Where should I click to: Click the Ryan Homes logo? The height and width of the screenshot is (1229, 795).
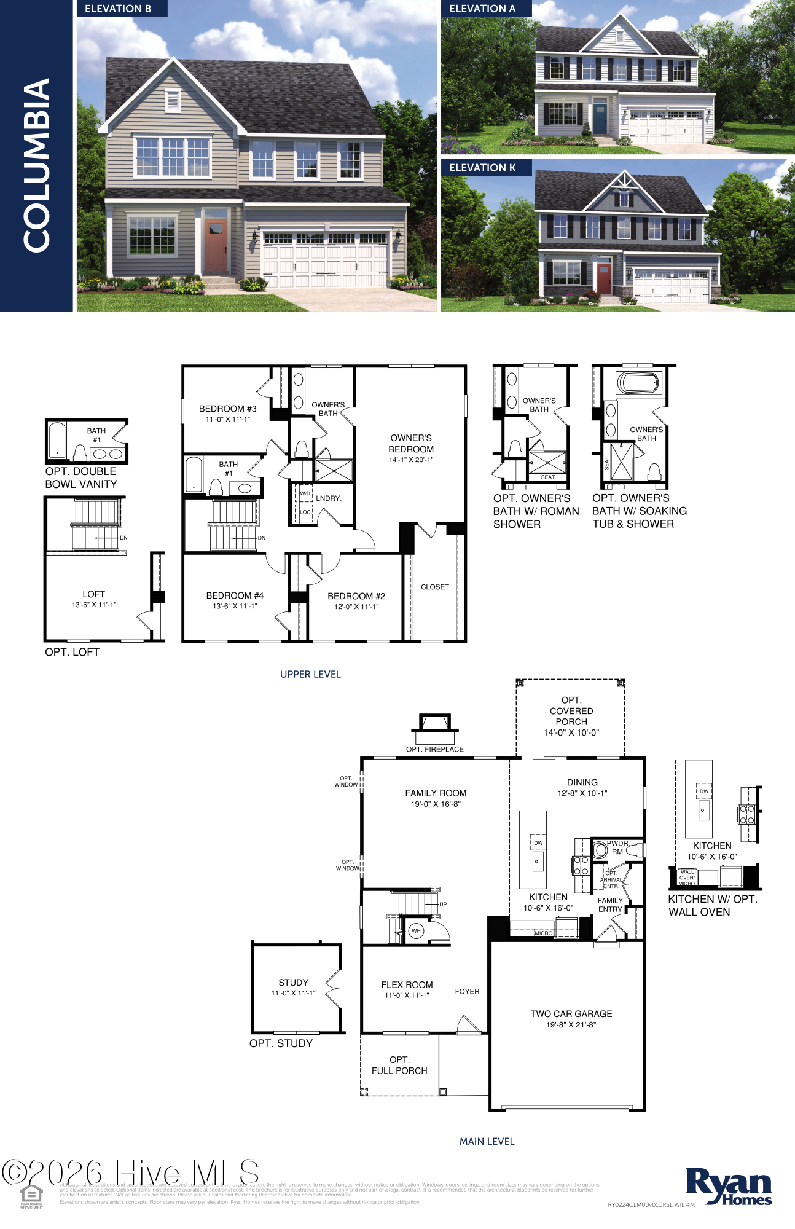point(729,1187)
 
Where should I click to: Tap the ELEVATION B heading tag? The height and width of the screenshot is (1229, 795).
point(118,9)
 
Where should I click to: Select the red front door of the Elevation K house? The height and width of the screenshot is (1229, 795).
point(604,279)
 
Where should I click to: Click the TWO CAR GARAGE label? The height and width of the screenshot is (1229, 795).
point(571,1013)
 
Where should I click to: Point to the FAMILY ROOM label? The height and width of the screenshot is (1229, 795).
point(436,793)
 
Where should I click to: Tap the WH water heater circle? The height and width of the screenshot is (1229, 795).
point(416,930)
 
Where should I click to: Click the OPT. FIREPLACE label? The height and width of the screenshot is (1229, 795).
point(435,749)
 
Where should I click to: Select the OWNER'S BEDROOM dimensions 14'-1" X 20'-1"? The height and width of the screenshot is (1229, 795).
point(411,460)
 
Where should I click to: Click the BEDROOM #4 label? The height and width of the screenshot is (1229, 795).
point(235,595)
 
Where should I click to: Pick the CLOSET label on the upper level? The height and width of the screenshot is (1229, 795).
point(435,587)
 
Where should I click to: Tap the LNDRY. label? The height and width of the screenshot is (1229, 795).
point(329,498)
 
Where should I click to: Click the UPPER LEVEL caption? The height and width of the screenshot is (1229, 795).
point(310,674)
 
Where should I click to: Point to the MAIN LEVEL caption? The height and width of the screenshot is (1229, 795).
point(487,1141)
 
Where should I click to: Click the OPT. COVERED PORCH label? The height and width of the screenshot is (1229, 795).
point(571,711)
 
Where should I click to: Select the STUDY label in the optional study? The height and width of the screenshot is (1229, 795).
point(293,982)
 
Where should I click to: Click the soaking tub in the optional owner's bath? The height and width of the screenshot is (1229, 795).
point(639,383)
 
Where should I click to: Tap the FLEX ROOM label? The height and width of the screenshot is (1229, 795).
point(407,984)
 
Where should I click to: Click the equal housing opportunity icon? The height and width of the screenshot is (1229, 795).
point(31,1196)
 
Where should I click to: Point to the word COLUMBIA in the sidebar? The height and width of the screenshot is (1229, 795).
point(36,165)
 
